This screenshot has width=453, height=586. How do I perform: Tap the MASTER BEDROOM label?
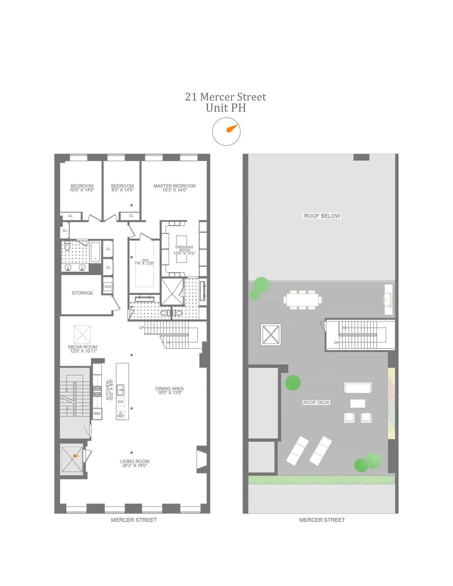coord(174,186)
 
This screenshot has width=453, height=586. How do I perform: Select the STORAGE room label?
coord(82,293)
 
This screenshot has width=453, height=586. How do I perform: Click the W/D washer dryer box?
coord(108,287)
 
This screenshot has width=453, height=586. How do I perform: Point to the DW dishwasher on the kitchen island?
coord(120,401)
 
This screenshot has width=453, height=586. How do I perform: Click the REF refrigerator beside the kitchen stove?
coord(97,414)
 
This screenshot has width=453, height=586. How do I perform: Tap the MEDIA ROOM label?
coord(83,347)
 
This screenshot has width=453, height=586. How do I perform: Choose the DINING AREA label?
coord(169,389)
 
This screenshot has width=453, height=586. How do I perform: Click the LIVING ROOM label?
coord(134,461)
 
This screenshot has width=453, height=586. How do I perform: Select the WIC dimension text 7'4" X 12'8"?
coord(145,263)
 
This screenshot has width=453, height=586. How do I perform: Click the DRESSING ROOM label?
coord(184,248)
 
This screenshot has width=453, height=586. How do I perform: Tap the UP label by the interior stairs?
coord(141,328)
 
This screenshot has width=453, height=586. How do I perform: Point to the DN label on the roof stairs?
coord(336,343)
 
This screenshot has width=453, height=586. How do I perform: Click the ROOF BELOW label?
coord(322,216)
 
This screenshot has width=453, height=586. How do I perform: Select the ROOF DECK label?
coord(316,403)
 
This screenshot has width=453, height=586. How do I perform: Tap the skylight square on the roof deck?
coord(271,335)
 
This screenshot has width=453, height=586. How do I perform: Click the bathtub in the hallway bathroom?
coord(96,252)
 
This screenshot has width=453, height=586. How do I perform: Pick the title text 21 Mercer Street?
coord(225,97)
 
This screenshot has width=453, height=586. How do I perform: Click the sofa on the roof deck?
coord(357,388)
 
